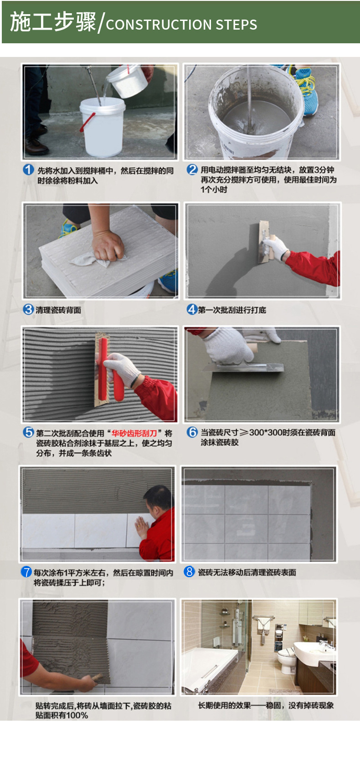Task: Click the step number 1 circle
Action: coord(28,170)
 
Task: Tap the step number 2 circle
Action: coord(192,170)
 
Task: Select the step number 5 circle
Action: coord(28,432)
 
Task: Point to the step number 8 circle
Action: coord(189,571)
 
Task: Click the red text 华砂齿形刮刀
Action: coord(134,433)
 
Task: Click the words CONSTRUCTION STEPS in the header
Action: coord(181,25)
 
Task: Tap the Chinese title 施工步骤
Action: coord(53,22)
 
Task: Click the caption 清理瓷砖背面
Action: coord(58,310)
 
